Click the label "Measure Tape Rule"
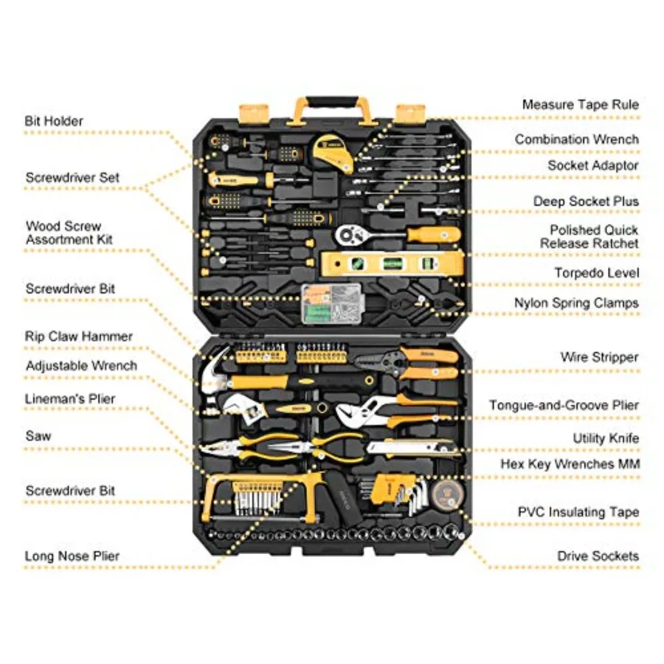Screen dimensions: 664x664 [x=580, y=105]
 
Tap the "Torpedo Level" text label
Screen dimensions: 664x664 [x=597, y=273]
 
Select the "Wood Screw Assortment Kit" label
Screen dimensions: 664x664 [x=69, y=232]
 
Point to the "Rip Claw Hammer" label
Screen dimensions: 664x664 [x=79, y=336]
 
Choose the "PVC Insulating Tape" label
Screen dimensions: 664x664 [x=578, y=512]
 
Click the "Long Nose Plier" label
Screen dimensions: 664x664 [x=72, y=556]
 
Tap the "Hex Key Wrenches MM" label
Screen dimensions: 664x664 [x=570, y=464]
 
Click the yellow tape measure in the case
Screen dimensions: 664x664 [x=333, y=153]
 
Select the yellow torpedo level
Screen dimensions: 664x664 [x=392, y=263]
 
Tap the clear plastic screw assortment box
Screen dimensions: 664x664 [x=333, y=304]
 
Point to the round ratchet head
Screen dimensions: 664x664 [x=349, y=234]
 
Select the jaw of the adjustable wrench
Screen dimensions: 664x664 [x=233, y=406]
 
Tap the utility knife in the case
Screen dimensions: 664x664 [x=413, y=449]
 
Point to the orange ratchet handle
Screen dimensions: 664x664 [x=434, y=234]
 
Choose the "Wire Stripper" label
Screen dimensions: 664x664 [x=599, y=357]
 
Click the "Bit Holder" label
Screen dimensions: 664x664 [x=54, y=121]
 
